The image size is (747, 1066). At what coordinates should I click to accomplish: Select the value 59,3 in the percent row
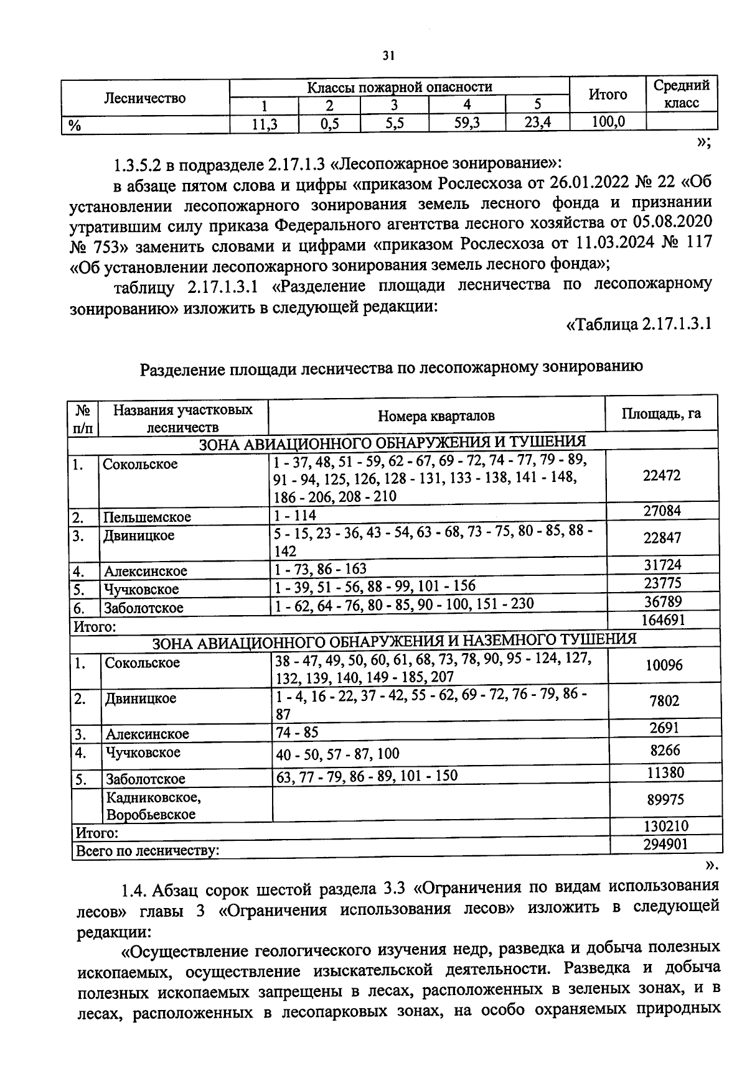click(467, 123)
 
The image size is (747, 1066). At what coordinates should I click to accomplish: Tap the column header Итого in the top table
click(608, 95)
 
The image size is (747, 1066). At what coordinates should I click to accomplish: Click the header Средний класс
click(682, 94)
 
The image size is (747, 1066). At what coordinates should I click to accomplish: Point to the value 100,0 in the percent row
click(608, 123)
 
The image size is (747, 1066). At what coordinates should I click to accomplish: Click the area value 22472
click(662, 476)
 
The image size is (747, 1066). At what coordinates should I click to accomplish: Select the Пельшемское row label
click(147, 517)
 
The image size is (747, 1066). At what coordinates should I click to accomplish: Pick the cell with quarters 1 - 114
click(294, 515)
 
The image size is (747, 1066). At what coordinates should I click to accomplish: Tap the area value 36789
click(662, 601)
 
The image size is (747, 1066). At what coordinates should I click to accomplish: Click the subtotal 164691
click(662, 619)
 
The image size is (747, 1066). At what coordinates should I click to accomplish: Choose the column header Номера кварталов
click(436, 416)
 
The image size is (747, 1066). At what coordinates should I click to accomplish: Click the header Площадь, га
click(661, 413)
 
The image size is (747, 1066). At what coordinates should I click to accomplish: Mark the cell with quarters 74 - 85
click(297, 732)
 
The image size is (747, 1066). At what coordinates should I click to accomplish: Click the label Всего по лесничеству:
click(147, 850)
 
